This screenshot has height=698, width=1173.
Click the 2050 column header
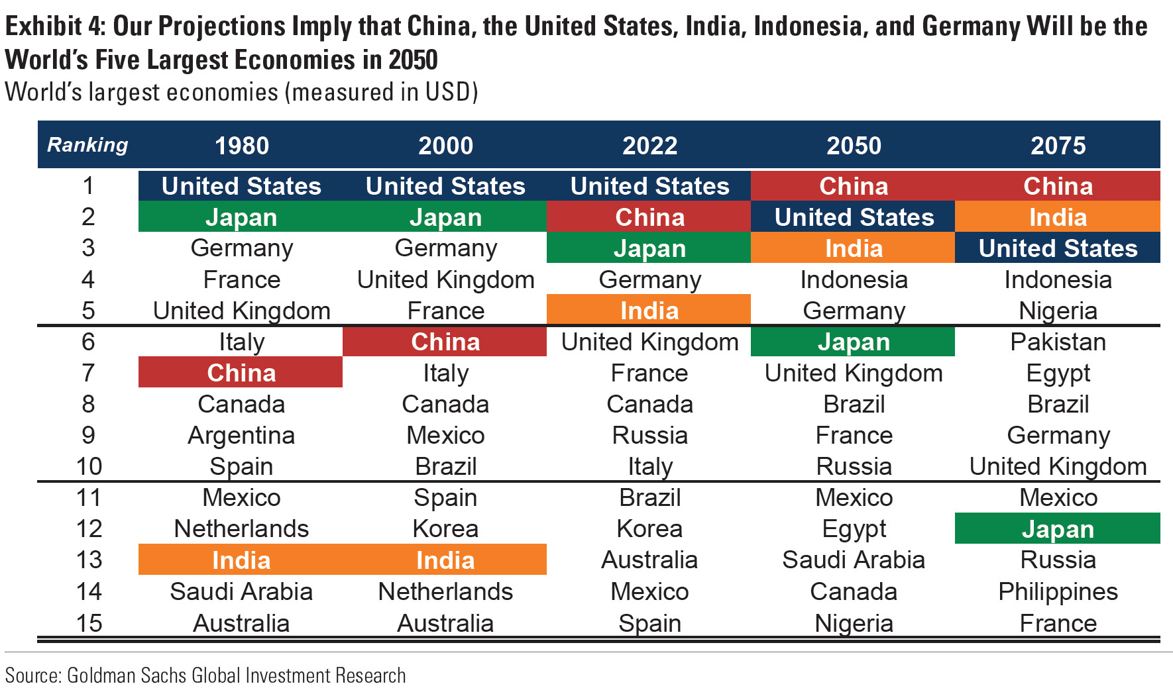[854, 146]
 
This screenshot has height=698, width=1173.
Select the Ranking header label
[87, 145]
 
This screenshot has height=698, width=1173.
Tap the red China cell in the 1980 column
[241, 373]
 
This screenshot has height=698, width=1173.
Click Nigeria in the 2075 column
[1058, 311]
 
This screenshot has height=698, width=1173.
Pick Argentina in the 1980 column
[241, 436]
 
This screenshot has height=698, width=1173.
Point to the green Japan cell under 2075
[1058, 529]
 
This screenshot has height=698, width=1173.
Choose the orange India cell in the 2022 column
[649, 311]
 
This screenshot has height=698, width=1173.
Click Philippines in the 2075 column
[1058, 591]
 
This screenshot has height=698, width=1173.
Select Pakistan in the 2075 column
[1058, 342]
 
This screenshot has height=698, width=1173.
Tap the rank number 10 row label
[89, 466]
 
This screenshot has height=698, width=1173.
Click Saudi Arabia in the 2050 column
[854, 560]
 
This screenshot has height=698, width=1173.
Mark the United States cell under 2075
[1058, 248]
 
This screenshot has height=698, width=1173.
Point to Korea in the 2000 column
[445, 529]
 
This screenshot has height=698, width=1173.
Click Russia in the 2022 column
[649, 436]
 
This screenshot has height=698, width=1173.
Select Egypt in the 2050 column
[854, 529]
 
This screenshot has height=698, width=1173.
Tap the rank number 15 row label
[89, 623]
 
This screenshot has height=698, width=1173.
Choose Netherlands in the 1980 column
[241, 529]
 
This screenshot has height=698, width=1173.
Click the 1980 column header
[241, 146]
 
